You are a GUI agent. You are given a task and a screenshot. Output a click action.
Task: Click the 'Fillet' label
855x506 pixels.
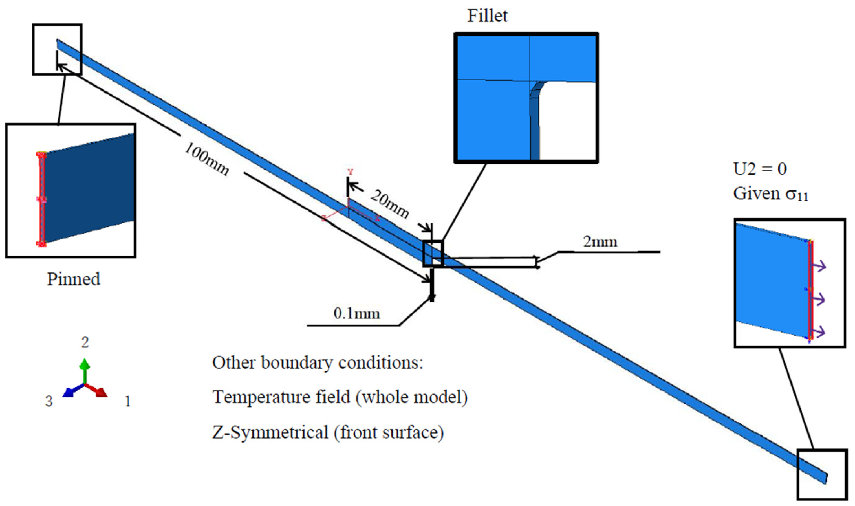tap(487, 16)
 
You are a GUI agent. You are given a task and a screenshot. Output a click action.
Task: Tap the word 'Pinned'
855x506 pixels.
tap(73, 279)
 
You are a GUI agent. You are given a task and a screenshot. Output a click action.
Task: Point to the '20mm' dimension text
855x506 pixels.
tap(390, 204)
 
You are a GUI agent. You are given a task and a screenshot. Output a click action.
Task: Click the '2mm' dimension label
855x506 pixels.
tap(600, 242)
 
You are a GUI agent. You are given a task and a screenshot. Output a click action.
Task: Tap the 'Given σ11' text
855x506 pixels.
tap(770, 194)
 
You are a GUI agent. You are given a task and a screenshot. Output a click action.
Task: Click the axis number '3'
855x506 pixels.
tap(49, 401)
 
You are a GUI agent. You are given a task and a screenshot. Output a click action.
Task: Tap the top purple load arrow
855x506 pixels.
tap(819, 266)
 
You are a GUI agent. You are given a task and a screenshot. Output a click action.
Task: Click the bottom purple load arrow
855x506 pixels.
tap(819, 331)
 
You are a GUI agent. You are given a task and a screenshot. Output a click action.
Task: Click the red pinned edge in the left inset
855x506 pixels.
tap(41, 199)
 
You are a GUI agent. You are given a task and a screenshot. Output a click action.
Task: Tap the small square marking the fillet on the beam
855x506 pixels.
tap(433, 253)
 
